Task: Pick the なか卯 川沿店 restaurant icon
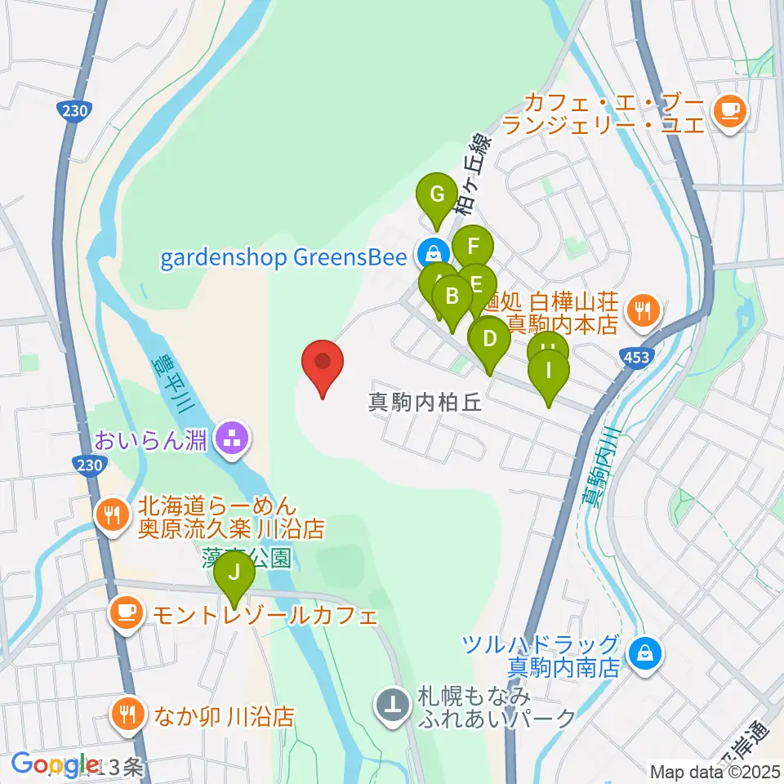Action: tap(126, 715)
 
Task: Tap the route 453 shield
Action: tap(639, 357)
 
